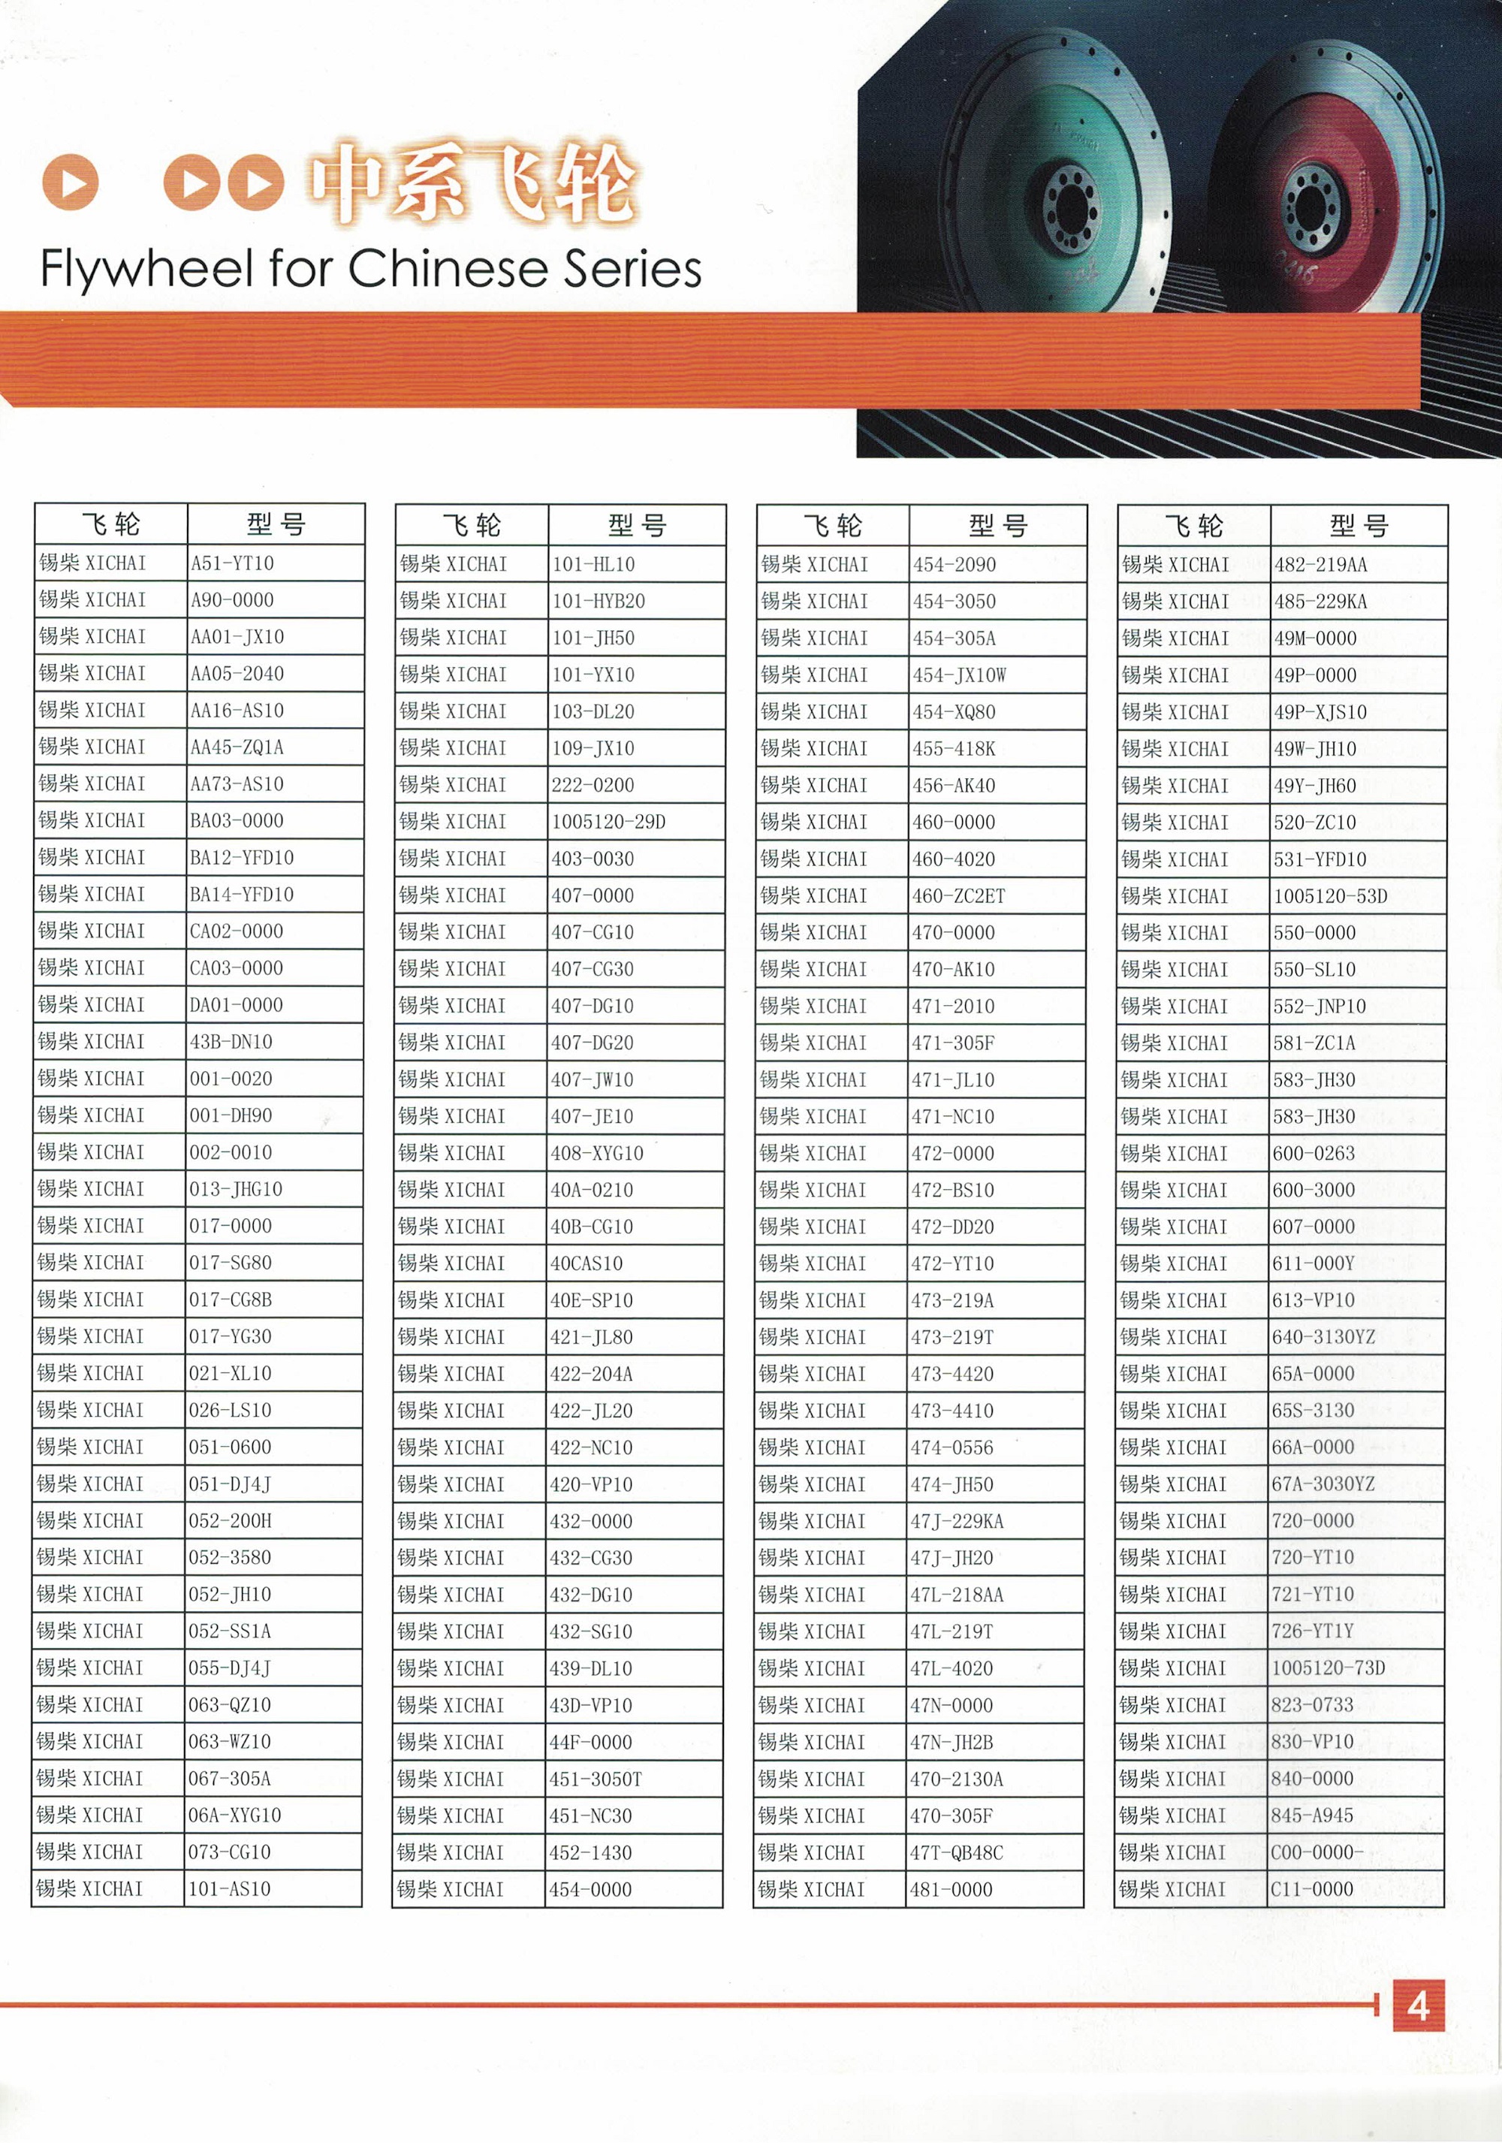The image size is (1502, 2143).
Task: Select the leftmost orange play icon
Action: point(71,181)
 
